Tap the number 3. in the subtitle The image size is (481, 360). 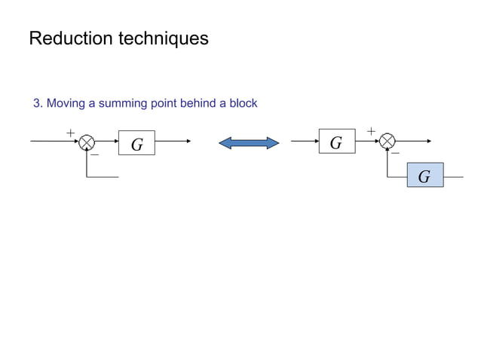coord(38,103)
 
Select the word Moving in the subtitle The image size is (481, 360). coord(66,103)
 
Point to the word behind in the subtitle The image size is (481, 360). coord(195,103)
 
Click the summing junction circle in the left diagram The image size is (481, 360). coord(87,141)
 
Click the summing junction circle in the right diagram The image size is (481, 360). coord(388,141)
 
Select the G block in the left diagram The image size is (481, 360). coord(136,143)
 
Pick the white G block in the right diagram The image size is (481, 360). coord(336,142)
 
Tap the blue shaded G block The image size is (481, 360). coord(424,175)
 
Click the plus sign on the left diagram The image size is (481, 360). coord(70,133)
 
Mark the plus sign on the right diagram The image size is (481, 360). coord(371,132)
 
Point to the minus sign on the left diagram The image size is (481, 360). coord(95,155)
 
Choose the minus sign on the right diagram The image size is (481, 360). coord(395,153)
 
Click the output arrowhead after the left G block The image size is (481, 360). coord(188,141)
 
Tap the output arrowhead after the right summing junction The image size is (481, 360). coord(429,141)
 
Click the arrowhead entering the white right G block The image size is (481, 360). coord(316,141)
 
